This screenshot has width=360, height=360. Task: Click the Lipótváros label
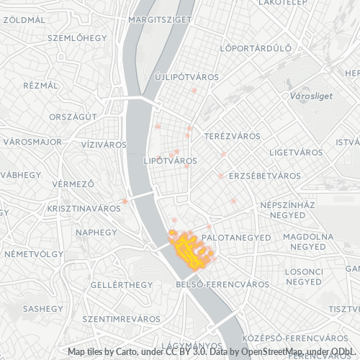171,160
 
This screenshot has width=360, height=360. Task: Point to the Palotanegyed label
236,237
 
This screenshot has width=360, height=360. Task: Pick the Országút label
73,117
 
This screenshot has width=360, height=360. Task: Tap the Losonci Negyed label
304,276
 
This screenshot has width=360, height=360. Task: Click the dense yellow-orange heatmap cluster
189,248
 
